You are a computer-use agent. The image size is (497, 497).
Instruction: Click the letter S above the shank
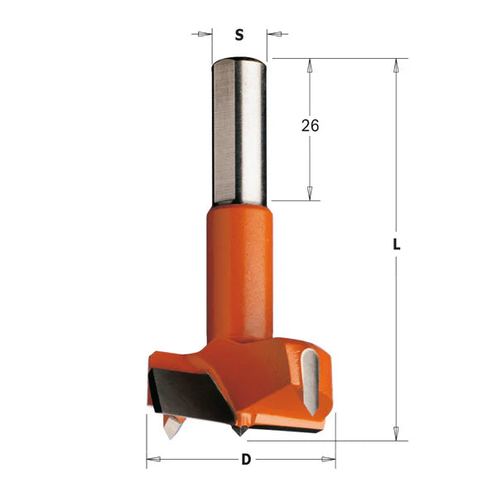[239, 35]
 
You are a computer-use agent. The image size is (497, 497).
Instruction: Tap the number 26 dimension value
[310, 126]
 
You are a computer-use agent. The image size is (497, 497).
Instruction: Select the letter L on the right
[397, 246]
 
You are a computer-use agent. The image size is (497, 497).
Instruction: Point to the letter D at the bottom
[245, 459]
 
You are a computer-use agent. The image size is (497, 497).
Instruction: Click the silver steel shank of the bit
[239, 133]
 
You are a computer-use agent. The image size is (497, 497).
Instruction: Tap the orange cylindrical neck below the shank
[239, 265]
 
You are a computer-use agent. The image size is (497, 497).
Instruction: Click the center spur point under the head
[239, 430]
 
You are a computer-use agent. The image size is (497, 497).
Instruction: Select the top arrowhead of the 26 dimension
[310, 65]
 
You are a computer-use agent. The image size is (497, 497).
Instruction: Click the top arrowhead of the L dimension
[397, 65]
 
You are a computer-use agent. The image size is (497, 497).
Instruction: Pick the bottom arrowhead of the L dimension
[397, 432]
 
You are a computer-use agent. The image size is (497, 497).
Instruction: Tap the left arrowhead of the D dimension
[152, 459]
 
